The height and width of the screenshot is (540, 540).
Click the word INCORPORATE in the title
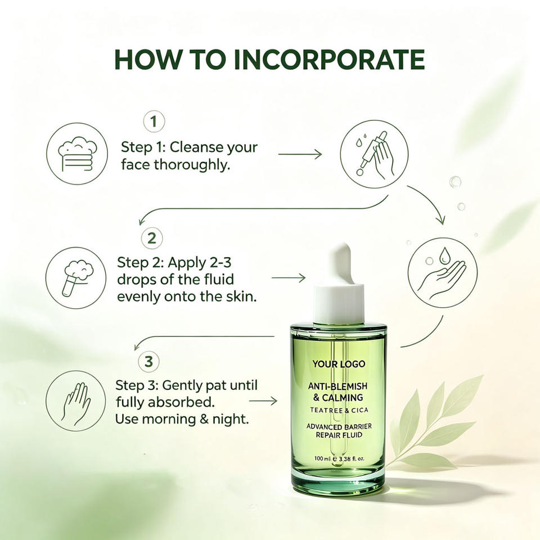(x=329, y=60)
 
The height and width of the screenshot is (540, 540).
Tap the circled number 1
(x=154, y=121)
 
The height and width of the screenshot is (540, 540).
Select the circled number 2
(x=152, y=238)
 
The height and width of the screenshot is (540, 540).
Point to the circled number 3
(x=148, y=362)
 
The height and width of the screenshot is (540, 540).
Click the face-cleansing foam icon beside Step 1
(x=77, y=154)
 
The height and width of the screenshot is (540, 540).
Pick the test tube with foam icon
(x=76, y=277)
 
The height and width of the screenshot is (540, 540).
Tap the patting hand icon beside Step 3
(x=76, y=401)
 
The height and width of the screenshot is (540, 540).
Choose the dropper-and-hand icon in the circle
(x=375, y=154)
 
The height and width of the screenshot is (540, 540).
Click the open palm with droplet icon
(x=443, y=273)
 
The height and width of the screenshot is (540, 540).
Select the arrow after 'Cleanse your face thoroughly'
(x=300, y=154)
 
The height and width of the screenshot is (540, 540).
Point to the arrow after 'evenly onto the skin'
(x=289, y=277)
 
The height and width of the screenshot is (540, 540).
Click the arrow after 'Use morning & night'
(x=263, y=401)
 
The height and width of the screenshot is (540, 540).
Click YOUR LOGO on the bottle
(x=339, y=364)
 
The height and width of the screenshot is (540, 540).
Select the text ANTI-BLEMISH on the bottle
(x=338, y=386)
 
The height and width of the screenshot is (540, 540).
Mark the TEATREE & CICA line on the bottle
(x=339, y=410)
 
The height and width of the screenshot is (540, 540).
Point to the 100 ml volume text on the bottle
(x=323, y=458)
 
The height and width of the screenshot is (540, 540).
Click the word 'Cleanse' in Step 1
(x=197, y=147)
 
